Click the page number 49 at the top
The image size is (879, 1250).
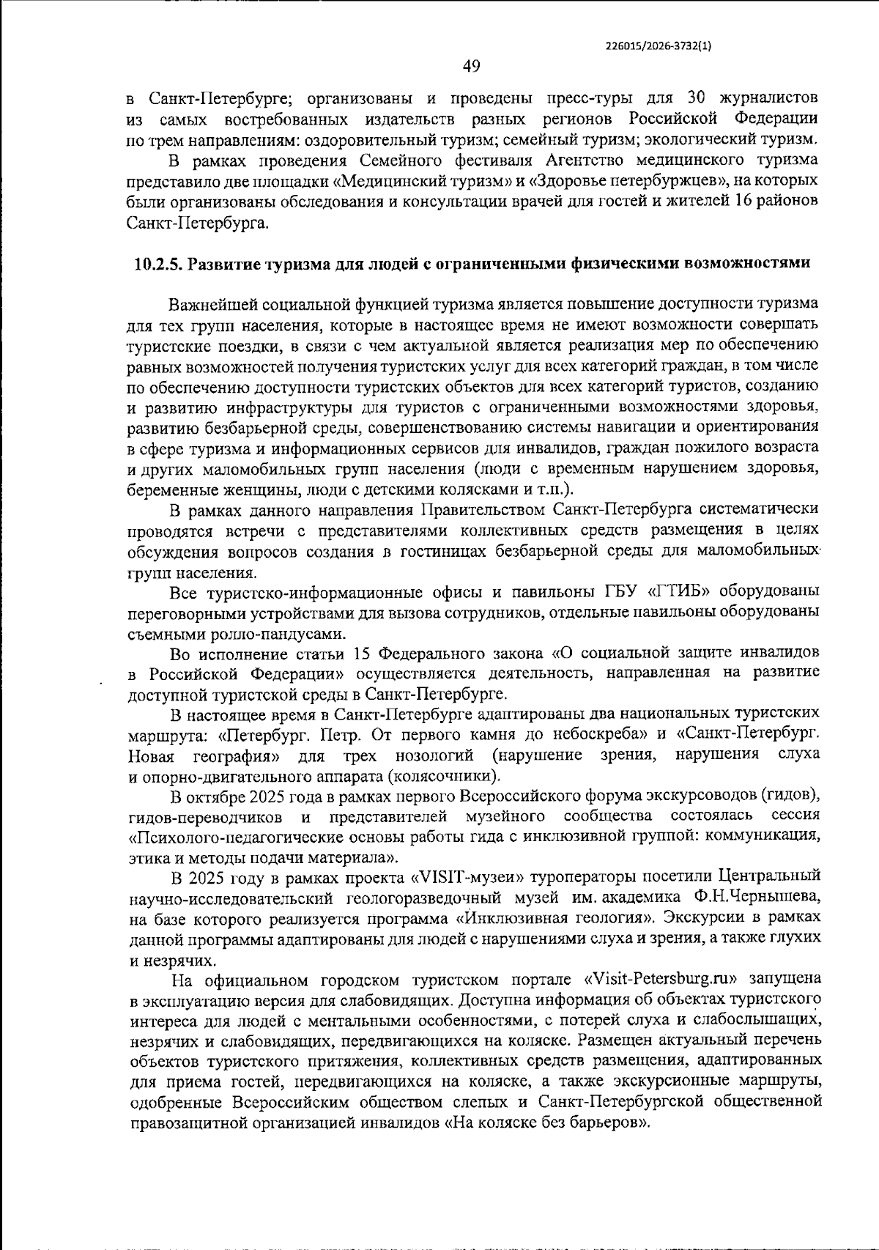(472, 67)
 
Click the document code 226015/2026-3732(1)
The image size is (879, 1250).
(659, 45)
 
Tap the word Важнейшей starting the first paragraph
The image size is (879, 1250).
(211, 303)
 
